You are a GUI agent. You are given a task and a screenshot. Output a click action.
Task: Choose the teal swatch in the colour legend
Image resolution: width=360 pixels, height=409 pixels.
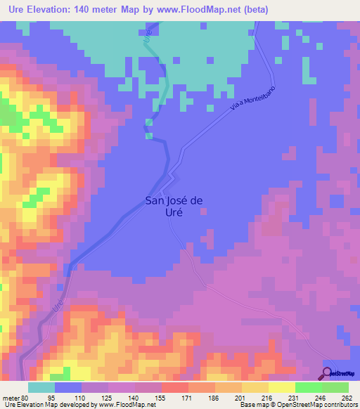pos(41,388)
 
